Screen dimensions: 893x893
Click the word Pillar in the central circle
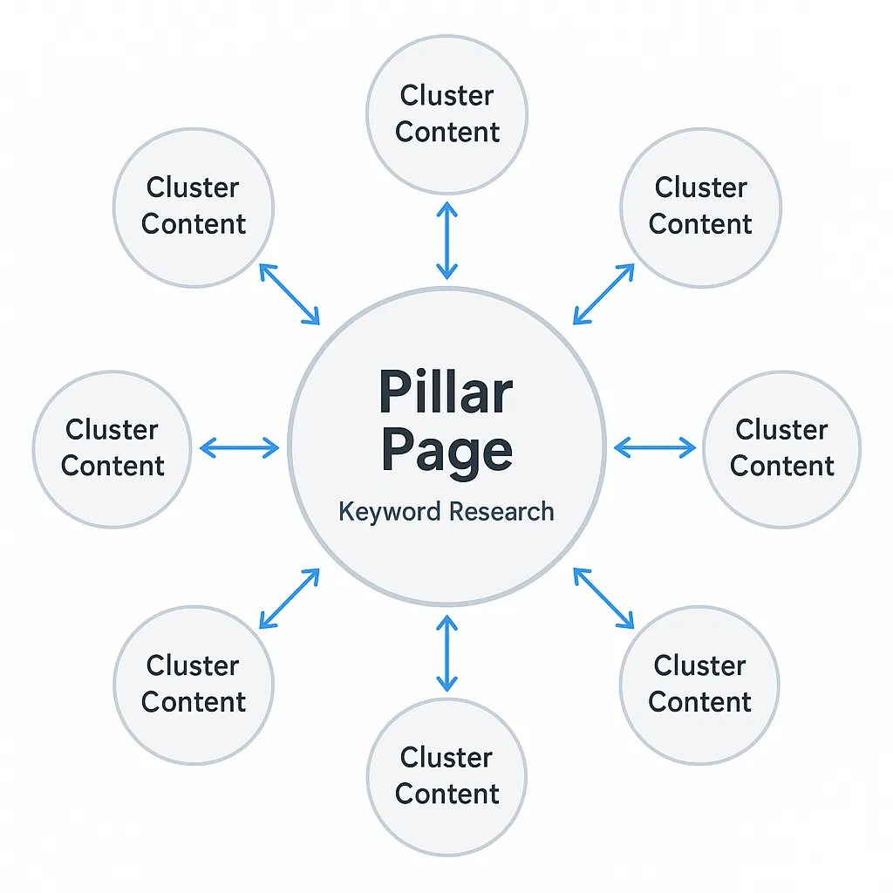pos(446,393)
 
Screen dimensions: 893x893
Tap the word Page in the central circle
pos(446,452)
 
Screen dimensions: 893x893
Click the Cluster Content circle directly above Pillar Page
pos(446,114)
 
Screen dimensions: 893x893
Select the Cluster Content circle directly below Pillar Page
pos(446,775)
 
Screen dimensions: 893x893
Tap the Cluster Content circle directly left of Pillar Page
pos(112,448)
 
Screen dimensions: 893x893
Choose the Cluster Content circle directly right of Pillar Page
pos(781,448)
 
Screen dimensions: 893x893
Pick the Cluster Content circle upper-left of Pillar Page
pos(194,207)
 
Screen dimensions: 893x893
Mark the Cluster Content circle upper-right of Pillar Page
pos(700,207)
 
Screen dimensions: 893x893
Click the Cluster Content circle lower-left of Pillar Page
pos(194,685)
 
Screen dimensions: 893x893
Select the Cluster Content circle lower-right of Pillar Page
pos(699,685)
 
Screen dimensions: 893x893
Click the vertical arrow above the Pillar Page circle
pos(446,240)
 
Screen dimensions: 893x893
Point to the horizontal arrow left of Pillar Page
pos(239,448)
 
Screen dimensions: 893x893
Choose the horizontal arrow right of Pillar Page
pos(654,448)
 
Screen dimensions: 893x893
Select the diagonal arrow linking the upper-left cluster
pos(290,295)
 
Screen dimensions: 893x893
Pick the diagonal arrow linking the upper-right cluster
pos(603,295)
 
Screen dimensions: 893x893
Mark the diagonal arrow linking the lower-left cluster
pos(290,598)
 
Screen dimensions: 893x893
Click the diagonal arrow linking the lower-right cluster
pos(603,598)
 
